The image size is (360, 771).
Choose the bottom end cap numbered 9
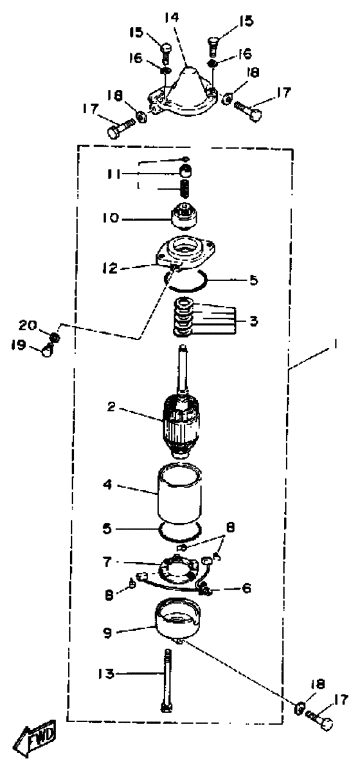[179, 618]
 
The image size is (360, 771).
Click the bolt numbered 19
[47, 350]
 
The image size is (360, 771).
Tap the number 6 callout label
[246, 588]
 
